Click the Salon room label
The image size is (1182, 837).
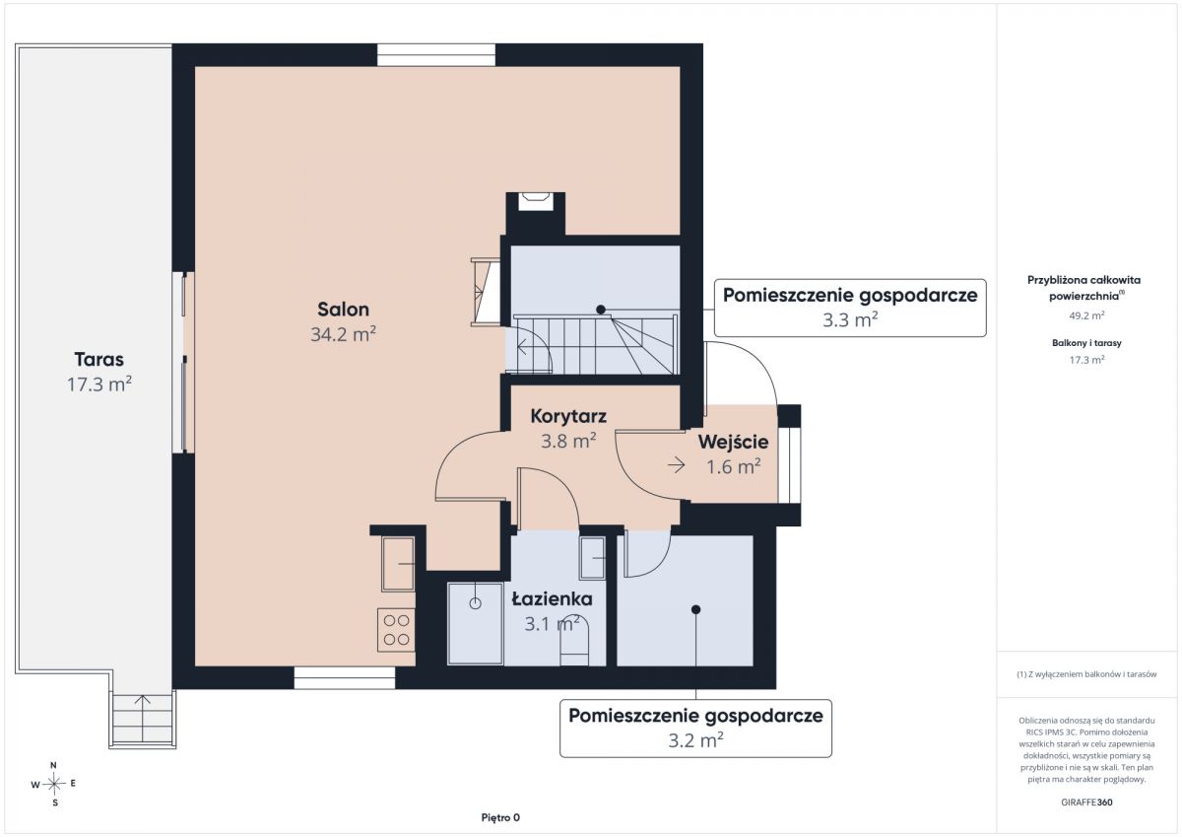click(x=343, y=309)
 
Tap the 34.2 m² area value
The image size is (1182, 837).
click(x=343, y=334)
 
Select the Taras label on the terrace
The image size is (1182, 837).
click(x=99, y=359)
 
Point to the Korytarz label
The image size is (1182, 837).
click(x=568, y=416)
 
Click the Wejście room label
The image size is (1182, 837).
click(x=733, y=442)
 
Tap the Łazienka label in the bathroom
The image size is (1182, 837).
click(x=553, y=598)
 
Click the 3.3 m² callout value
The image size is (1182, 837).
click(x=850, y=319)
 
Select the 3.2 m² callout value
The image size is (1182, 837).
click(x=695, y=740)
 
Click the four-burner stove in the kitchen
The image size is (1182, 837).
click(x=396, y=630)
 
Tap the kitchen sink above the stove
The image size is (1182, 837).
click(x=398, y=564)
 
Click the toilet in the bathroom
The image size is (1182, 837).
click(x=574, y=641)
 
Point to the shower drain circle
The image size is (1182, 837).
click(x=475, y=603)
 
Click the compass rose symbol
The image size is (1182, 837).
click(x=54, y=784)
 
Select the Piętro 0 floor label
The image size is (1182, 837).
click(x=500, y=817)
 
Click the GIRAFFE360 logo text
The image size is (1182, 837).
click(x=1086, y=802)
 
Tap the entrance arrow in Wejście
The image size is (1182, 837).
click(x=677, y=465)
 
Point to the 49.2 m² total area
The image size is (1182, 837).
click(x=1086, y=315)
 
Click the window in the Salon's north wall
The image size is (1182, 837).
click(x=435, y=55)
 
